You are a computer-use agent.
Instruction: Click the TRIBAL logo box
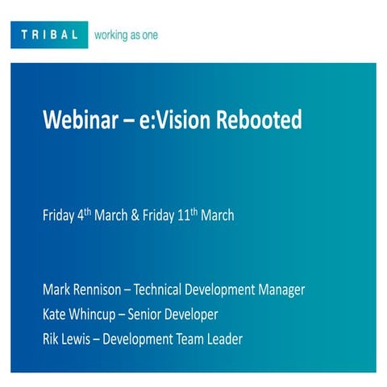tap(49, 35)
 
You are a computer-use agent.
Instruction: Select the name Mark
tap(57, 289)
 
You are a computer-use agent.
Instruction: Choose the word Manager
tap(281, 289)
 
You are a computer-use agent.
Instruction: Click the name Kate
tap(56, 314)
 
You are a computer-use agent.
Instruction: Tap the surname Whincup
tap(101, 314)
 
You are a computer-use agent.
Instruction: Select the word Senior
tap(161, 314)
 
